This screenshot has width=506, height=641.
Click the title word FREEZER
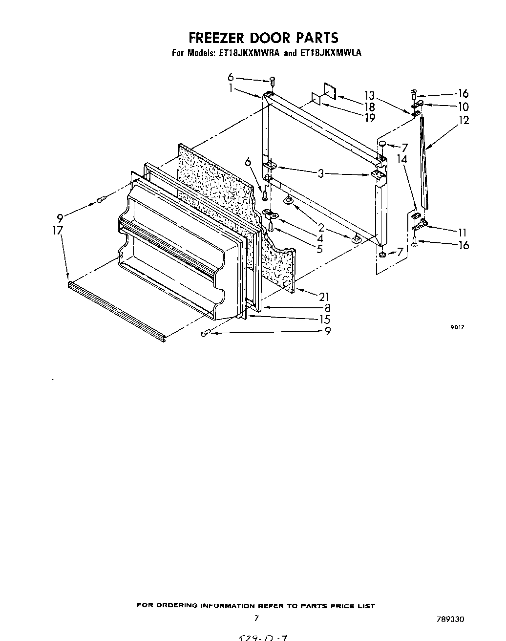[217, 38]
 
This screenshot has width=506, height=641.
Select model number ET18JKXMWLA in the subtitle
[331, 53]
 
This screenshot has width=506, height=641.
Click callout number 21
[324, 297]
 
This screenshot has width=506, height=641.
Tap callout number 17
[58, 230]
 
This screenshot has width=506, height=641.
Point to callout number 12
[464, 120]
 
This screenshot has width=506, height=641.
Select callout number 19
[370, 118]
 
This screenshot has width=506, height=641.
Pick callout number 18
[370, 107]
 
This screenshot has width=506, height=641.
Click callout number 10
[464, 107]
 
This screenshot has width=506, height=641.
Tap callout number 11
[463, 233]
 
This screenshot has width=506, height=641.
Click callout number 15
[324, 320]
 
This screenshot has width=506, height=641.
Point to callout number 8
[327, 308]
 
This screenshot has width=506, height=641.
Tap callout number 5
[319, 249]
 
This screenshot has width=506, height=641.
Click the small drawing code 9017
[456, 328]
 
